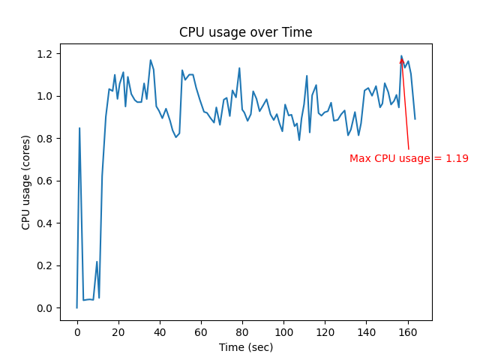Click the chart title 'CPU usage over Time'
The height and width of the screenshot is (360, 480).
(x=245, y=32)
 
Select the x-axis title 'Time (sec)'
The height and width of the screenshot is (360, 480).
(x=245, y=347)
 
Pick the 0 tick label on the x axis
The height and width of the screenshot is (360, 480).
(x=76, y=332)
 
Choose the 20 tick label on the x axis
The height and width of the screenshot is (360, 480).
(x=118, y=332)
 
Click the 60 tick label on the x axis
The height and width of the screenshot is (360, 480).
(x=201, y=332)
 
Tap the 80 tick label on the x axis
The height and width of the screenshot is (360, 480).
(x=242, y=332)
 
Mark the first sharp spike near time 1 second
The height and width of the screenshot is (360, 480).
(x=79, y=128)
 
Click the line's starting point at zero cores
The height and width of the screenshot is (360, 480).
(x=76, y=307)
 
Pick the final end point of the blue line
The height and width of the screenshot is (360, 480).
(x=415, y=118)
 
